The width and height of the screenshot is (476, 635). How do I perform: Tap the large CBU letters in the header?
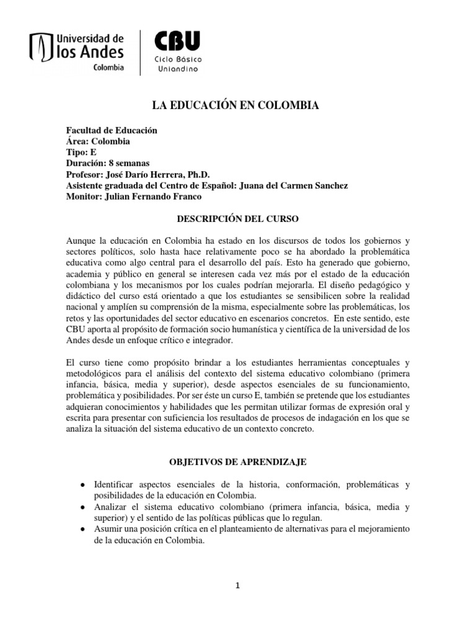(x=177, y=42)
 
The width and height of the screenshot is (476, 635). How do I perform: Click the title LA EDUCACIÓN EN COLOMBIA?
(x=236, y=106)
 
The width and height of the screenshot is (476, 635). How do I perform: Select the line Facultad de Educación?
(x=112, y=130)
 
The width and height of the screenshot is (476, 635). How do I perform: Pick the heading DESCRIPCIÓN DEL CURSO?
(x=238, y=219)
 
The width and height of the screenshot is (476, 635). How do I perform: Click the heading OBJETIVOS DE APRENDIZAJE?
(x=238, y=462)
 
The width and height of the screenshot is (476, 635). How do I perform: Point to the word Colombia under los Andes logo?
(x=108, y=68)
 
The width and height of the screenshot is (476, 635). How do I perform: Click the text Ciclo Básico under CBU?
(x=177, y=59)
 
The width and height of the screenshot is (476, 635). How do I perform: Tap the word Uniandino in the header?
(x=177, y=69)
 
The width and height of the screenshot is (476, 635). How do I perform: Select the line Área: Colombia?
(x=98, y=141)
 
